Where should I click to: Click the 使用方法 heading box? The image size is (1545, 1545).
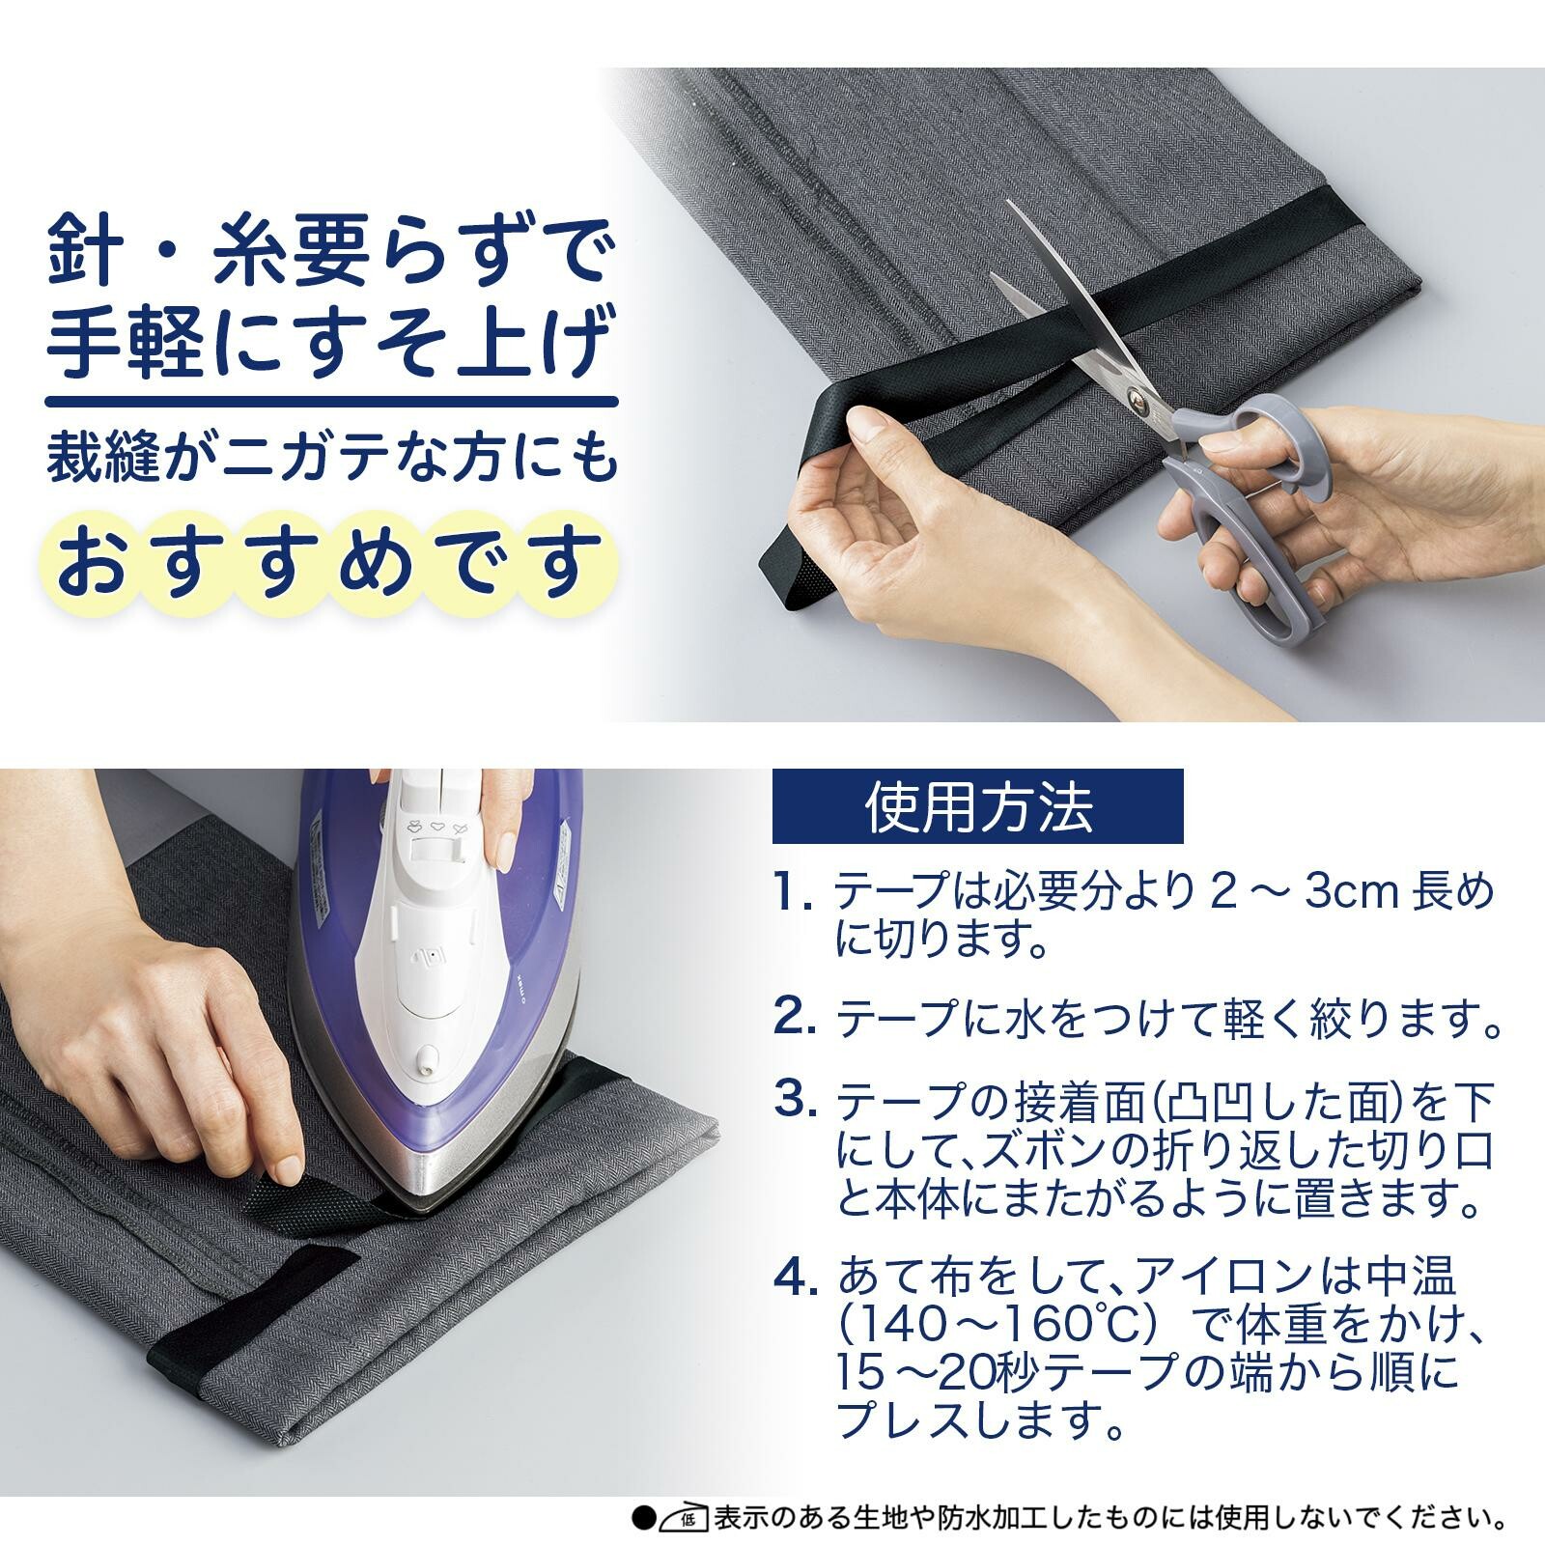pyautogui.click(x=977, y=806)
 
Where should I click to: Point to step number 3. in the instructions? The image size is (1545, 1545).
pyautogui.click(x=798, y=1099)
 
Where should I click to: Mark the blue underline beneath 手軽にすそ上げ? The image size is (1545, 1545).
pyautogui.click(x=331, y=401)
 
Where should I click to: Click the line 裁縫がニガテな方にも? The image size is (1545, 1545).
pyautogui.click(x=331, y=458)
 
